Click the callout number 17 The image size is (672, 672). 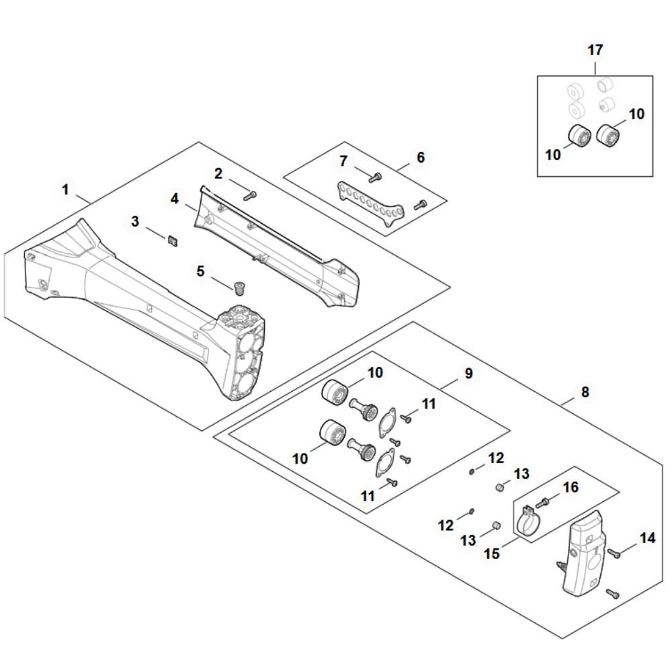pyautogui.click(x=595, y=50)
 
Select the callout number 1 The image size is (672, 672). pyautogui.click(x=65, y=189)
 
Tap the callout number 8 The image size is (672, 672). pyautogui.click(x=585, y=391)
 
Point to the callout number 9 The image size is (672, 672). pyautogui.click(x=468, y=373)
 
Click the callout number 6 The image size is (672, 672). pyautogui.click(x=421, y=157)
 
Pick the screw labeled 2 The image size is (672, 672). pyautogui.click(x=249, y=196)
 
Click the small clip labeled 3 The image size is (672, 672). pyautogui.click(x=172, y=241)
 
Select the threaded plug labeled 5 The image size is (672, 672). pyautogui.click(x=239, y=288)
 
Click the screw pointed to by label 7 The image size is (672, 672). pyautogui.click(x=375, y=177)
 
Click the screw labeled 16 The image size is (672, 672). pyautogui.click(x=542, y=502)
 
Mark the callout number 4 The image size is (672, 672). pyautogui.click(x=175, y=198)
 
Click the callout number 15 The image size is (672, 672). pyautogui.click(x=492, y=553)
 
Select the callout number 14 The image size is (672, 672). pyautogui.click(x=648, y=538)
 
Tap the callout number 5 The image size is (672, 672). pyautogui.click(x=200, y=271)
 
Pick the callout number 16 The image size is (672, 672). pyautogui.click(x=571, y=487)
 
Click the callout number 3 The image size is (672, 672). pyautogui.click(x=135, y=221)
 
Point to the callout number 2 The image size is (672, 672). pyautogui.click(x=218, y=173)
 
